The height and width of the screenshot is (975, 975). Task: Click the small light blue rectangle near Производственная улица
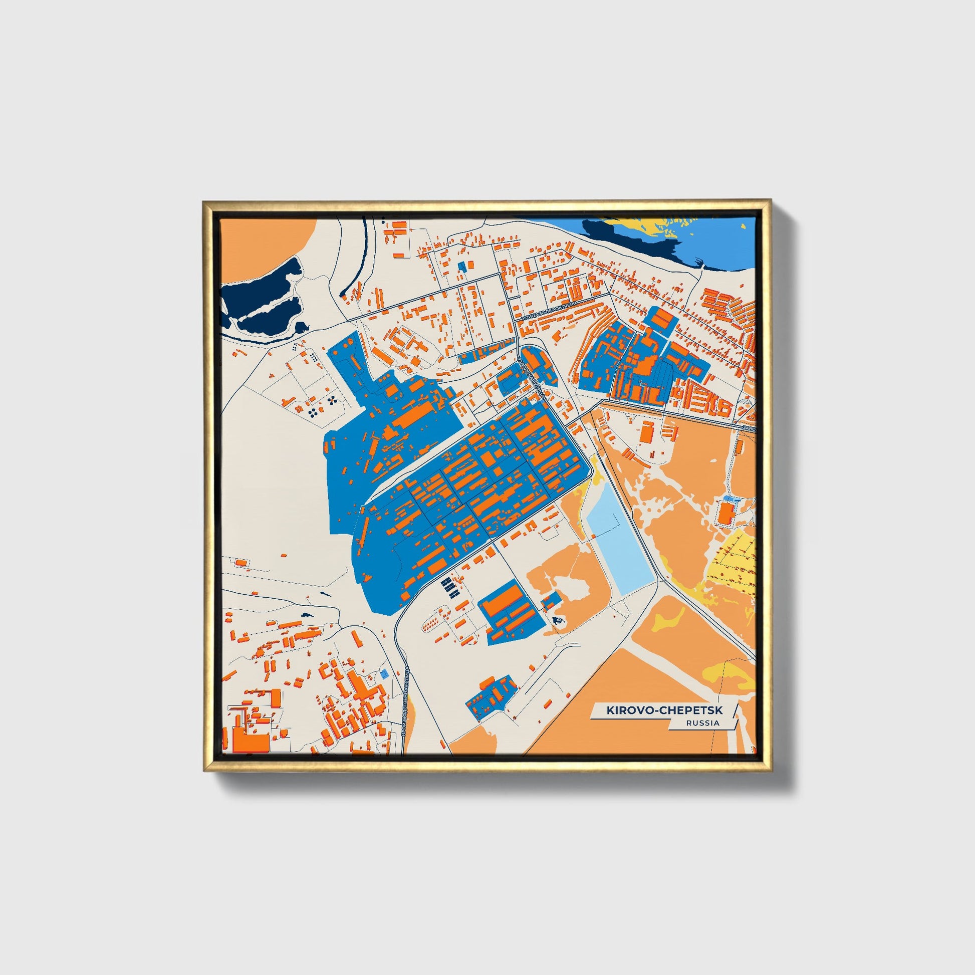click(385, 673)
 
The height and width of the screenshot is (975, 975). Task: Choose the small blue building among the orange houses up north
click(461, 267)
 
